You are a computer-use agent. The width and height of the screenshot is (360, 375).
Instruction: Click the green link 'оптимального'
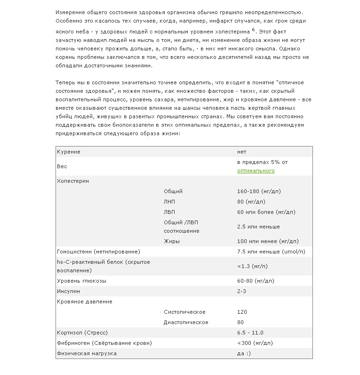click(256, 171)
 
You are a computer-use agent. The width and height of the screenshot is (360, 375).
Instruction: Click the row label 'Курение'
click(69, 152)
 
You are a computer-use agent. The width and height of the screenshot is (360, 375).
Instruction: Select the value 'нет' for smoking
click(242, 152)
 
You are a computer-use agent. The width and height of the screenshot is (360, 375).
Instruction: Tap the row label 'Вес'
click(62, 166)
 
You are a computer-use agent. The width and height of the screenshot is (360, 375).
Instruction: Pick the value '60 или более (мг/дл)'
click(266, 212)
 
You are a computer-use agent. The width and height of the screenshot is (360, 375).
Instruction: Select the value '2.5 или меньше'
click(258, 227)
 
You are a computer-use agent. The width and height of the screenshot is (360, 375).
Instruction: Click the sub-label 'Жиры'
click(172, 241)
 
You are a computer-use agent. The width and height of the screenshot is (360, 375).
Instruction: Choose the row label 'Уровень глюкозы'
click(81, 281)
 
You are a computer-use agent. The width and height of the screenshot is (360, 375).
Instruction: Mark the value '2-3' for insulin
click(242, 291)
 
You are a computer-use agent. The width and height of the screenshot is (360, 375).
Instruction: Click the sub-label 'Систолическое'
click(184, 312)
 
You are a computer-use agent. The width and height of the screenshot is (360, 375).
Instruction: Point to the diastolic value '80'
click(241, 322)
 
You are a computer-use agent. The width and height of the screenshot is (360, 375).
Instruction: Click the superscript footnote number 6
click(253, 29)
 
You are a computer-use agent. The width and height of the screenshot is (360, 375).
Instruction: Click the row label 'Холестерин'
click(73, 181)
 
